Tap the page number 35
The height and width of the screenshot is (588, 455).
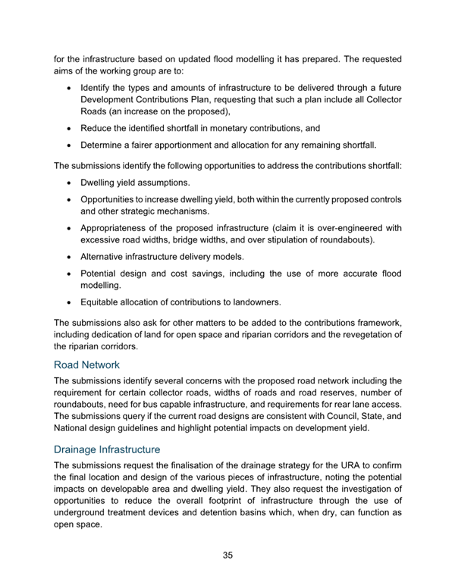click(227, 555)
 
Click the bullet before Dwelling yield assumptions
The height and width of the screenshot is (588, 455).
click(71, 183)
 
